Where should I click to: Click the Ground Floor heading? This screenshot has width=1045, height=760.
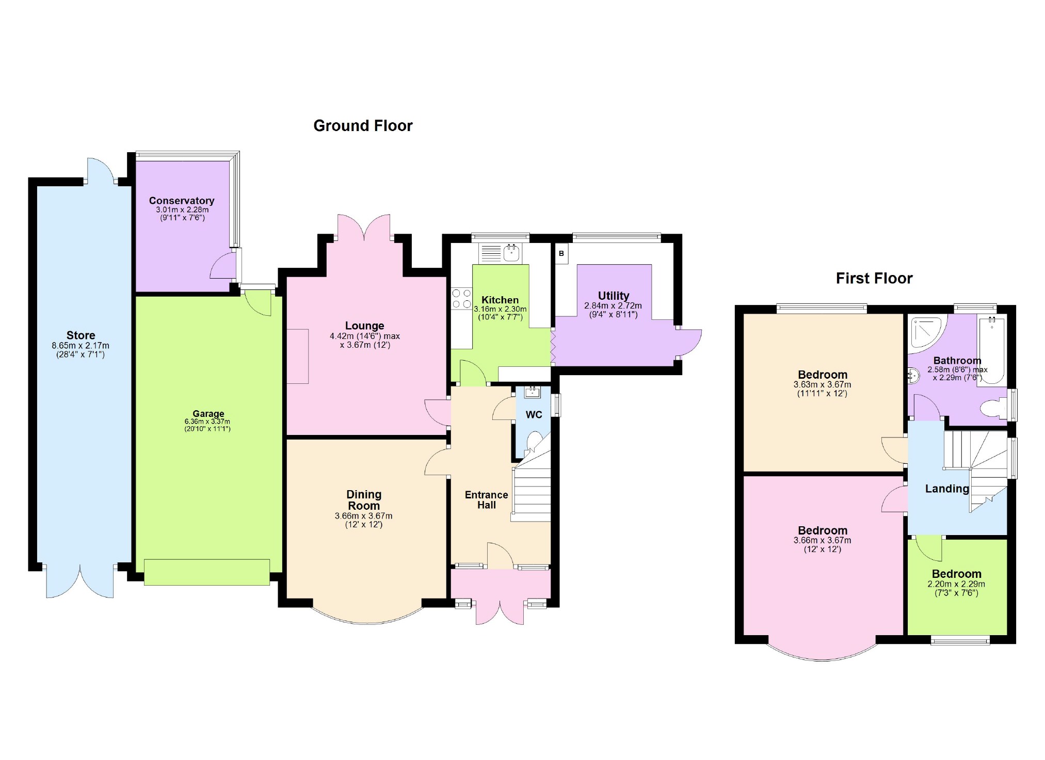363,126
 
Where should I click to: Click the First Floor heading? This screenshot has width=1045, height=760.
874,279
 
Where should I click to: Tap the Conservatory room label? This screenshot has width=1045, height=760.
182,201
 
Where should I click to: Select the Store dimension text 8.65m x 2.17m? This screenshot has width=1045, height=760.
81,346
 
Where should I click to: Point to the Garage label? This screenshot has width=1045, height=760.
208,413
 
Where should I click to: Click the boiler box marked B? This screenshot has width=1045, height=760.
561,254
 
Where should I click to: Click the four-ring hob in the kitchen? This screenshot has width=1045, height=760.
461,299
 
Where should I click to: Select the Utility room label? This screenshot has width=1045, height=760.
613,296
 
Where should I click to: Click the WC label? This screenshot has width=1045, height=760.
534,415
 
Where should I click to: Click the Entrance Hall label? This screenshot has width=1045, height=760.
486,500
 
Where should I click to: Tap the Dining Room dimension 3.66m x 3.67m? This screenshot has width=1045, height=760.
363,516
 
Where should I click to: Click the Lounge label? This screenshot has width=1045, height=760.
364,326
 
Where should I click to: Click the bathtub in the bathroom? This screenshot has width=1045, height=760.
992,351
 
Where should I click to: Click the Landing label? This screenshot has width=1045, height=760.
946,489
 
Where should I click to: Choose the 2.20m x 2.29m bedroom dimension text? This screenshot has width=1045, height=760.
956,585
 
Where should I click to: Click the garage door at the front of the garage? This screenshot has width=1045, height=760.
207,572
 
